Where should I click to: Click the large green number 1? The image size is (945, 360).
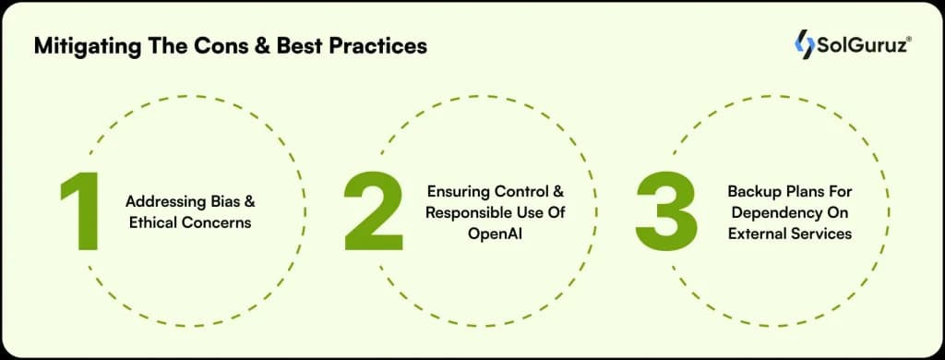[x=81, y=211]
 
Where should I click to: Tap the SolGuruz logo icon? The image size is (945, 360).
[x=805, y=44]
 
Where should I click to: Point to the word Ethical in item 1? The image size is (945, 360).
[x=153, y=222]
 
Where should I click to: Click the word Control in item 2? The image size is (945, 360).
[x=520, y=191]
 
